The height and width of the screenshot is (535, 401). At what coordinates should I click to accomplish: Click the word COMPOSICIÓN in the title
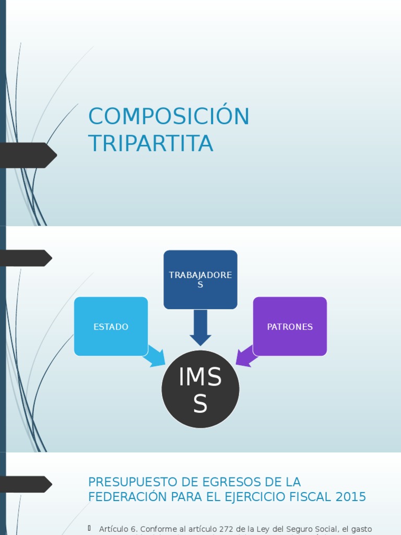169,116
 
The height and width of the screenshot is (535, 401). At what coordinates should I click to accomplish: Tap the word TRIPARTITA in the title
150,144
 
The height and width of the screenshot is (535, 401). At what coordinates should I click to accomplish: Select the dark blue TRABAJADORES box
200,280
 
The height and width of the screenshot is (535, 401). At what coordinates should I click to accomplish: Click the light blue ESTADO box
111,327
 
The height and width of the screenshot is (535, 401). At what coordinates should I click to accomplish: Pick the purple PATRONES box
290,327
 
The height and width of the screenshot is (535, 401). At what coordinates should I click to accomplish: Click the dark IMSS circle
200,389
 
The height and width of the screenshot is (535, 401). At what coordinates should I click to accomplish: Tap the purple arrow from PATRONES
245,356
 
